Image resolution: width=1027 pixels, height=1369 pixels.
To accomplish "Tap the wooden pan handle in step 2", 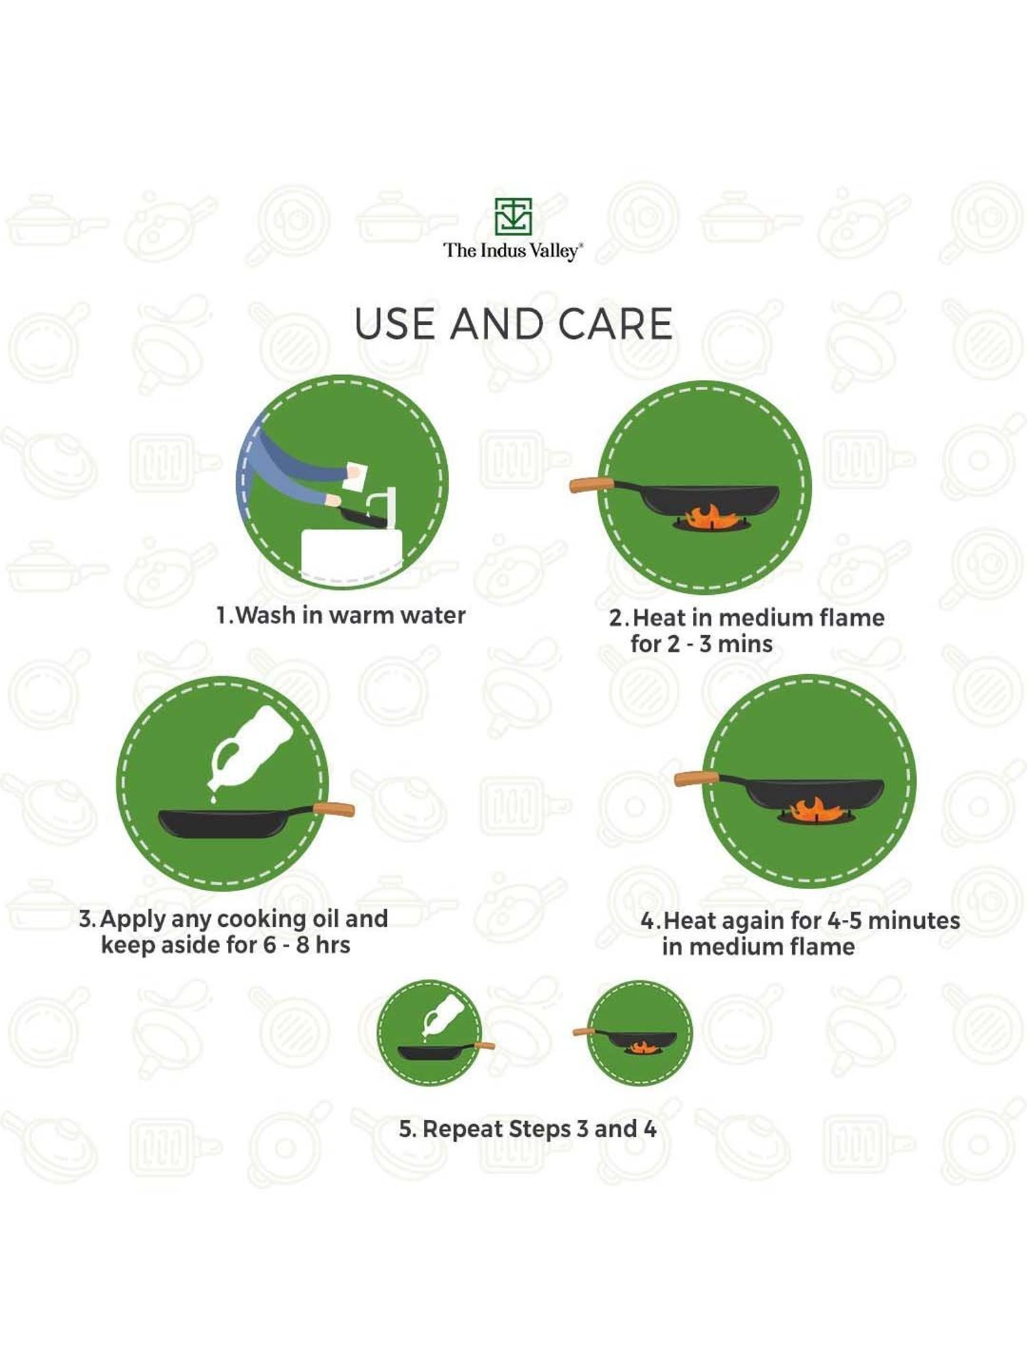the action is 592,484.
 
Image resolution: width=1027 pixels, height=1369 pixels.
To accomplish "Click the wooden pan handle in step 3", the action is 334,810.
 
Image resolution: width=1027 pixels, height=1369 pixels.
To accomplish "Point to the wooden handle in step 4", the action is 697,778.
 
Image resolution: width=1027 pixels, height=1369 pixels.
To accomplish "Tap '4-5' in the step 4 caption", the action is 844,921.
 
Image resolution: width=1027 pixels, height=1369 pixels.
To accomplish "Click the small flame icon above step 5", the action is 642,1047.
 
